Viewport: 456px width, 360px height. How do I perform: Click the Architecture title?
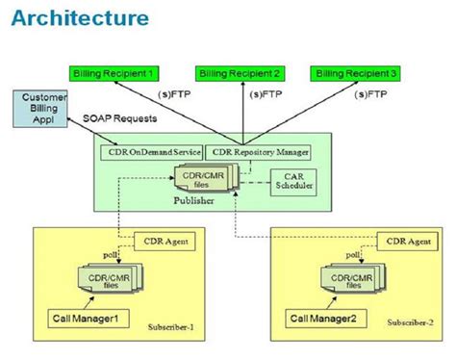[82, 18]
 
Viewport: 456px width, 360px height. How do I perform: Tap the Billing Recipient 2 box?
[239, 72]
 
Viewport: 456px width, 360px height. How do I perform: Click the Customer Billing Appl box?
[41, 109]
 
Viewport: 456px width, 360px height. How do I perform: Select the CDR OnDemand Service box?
[152, 152]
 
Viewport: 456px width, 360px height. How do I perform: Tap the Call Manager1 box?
[89, 317]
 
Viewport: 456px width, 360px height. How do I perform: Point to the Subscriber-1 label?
[175, 327]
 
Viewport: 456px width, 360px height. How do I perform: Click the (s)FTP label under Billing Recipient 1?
[173, 94]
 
